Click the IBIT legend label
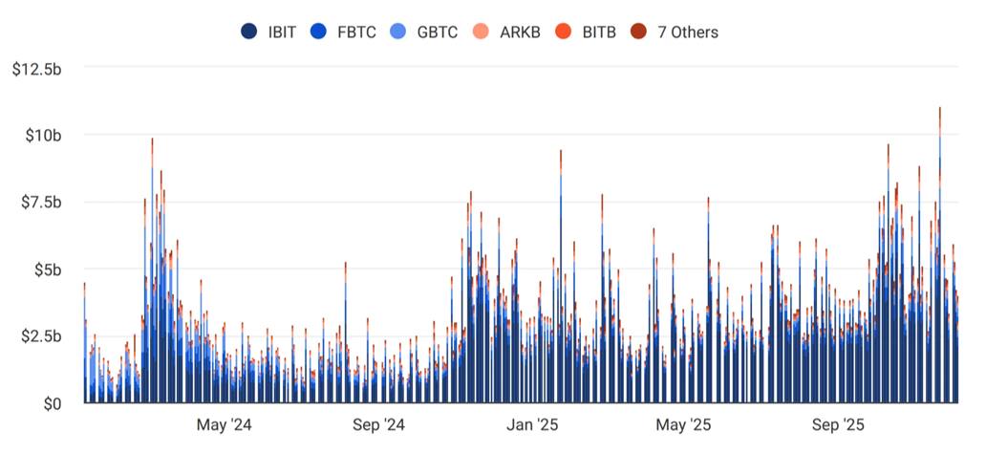pyautogui.click(x=282, y=32)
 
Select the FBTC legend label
pyautogui.click(x=356, y=32)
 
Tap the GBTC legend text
pyautogui.click(x=438, y=32)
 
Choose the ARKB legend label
pyautogui.click(x=520, y=32)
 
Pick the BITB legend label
pyautogui.click(x=600, y=32)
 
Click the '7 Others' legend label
pyautogui.click(x=688, y=32)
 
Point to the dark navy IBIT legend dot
pyautogui.click(x=250, y=32)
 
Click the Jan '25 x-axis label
pyautogui.click(x=532, y=424)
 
